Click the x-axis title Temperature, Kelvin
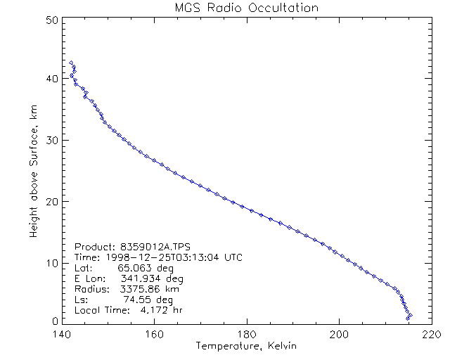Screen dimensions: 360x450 (246, 346)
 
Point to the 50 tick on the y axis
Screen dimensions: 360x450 (51, 20)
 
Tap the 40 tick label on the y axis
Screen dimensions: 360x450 (51, 79)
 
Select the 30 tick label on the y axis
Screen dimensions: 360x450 (51, 140)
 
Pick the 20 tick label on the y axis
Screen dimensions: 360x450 (51, 201)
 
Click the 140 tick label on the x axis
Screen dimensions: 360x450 (60, 335)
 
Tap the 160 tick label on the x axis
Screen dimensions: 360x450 (153, 335)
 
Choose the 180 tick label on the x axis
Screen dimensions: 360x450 (246, 335)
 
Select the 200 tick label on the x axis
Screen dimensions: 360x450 (339, 335)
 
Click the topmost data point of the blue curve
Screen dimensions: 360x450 (71, 63)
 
